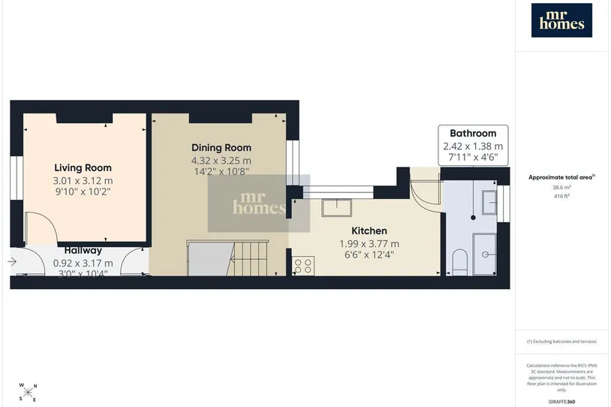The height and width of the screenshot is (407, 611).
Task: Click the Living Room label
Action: point(83,168)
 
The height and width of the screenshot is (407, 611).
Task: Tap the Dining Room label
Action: point(221,148)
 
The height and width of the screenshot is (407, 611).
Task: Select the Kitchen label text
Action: point(369,231)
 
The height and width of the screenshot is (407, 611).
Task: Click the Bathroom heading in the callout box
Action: point(473,134)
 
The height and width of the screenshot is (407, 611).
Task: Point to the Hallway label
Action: point(83,250)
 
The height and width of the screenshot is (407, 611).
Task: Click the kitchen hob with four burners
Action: point(303,266)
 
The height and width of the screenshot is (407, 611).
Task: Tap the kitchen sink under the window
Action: point(337,208)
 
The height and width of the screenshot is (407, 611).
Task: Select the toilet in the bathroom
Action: point(460,262)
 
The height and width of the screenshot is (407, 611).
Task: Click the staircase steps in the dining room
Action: point(248,258)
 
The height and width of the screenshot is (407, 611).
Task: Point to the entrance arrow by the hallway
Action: point(12,261)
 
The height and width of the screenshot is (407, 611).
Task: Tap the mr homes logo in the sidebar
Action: point(561,20)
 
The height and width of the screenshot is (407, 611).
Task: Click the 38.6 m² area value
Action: point(561,187)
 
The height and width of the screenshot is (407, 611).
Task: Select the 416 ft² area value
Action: point(561,196)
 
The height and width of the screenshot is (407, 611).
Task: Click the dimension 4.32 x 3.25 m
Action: point(221,161)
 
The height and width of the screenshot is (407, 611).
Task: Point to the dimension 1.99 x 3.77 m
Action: point(369,244)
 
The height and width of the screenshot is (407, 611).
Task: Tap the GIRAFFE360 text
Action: point(561,402)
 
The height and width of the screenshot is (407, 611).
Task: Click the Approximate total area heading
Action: point(561,177)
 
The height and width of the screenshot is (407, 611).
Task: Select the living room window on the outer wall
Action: point(16,178)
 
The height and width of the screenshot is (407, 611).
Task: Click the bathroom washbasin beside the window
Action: point(489,202)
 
